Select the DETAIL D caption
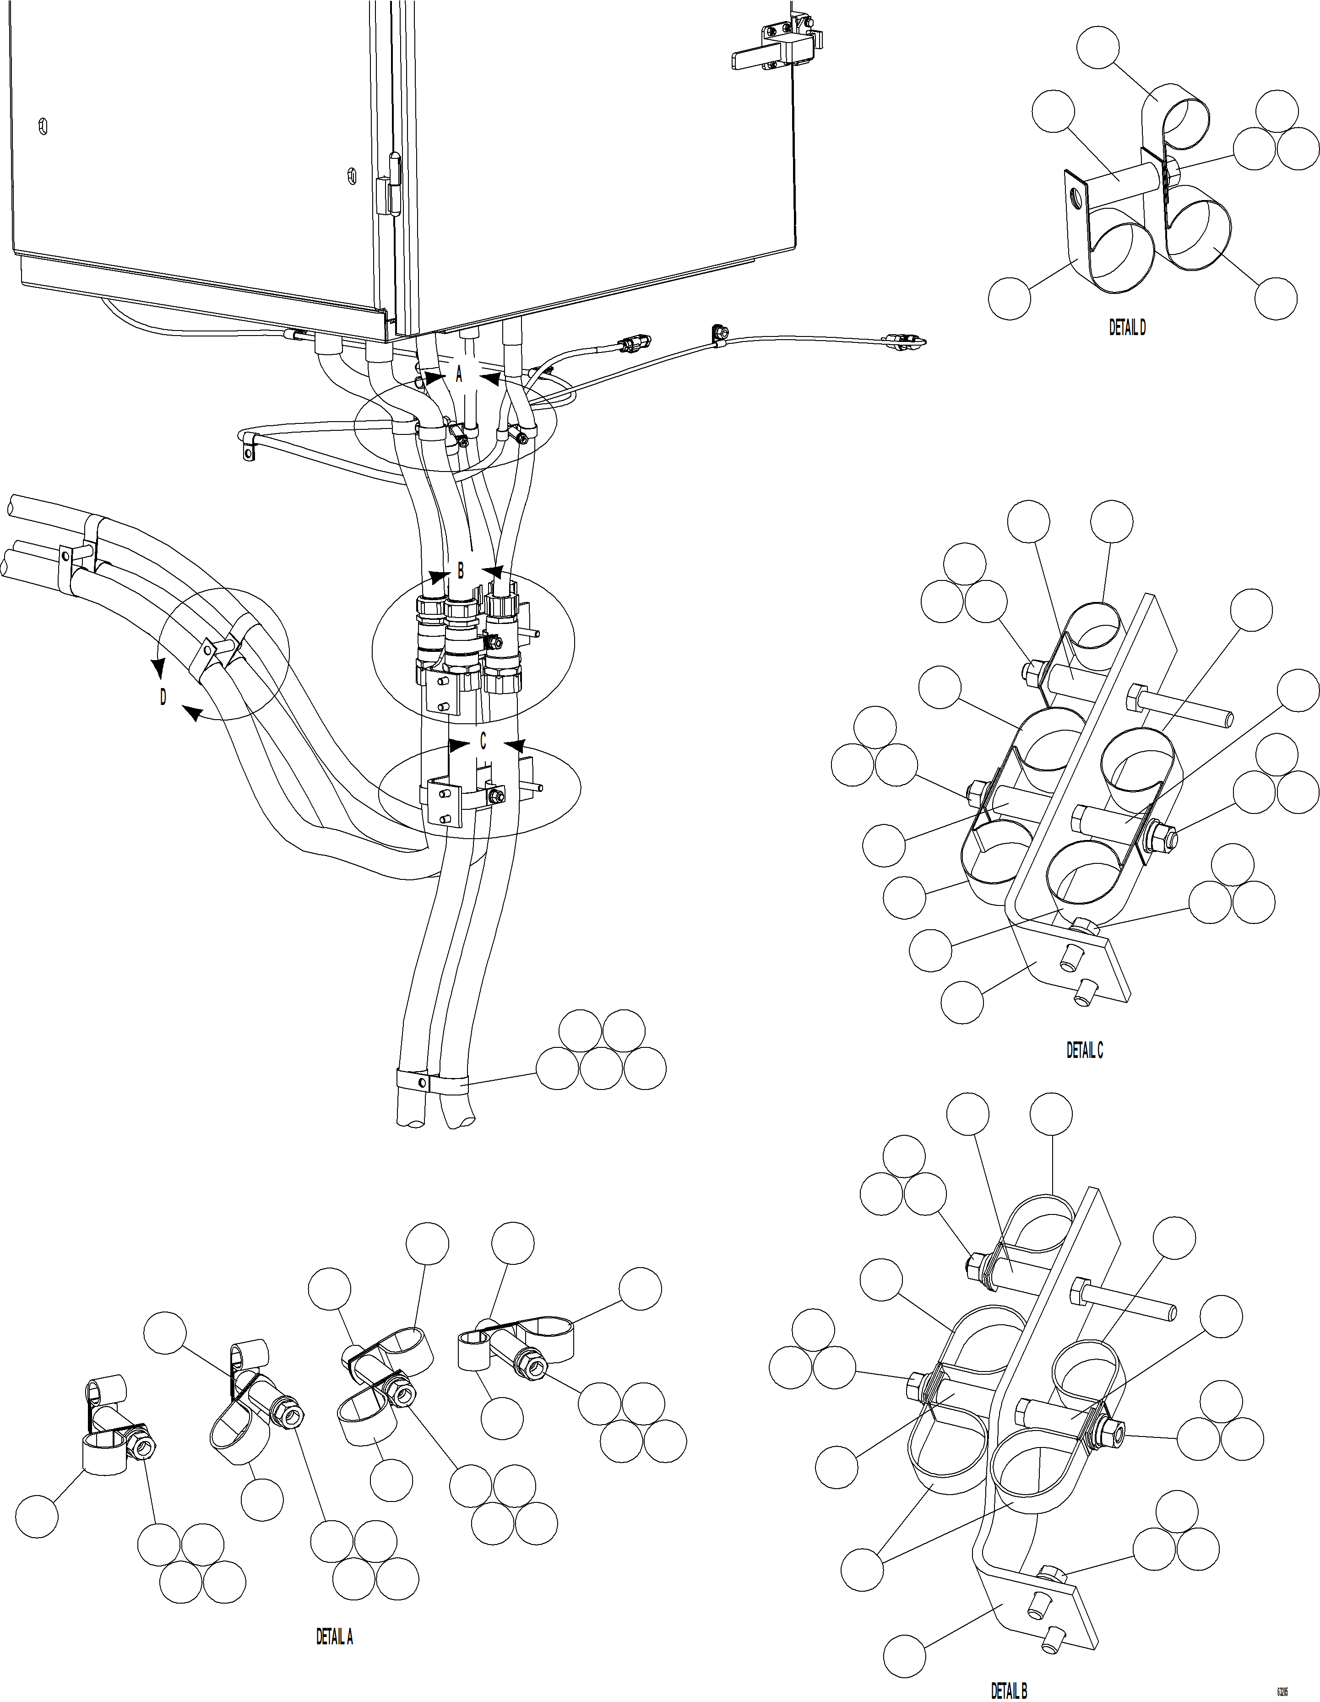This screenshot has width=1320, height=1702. pos(1127,328)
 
